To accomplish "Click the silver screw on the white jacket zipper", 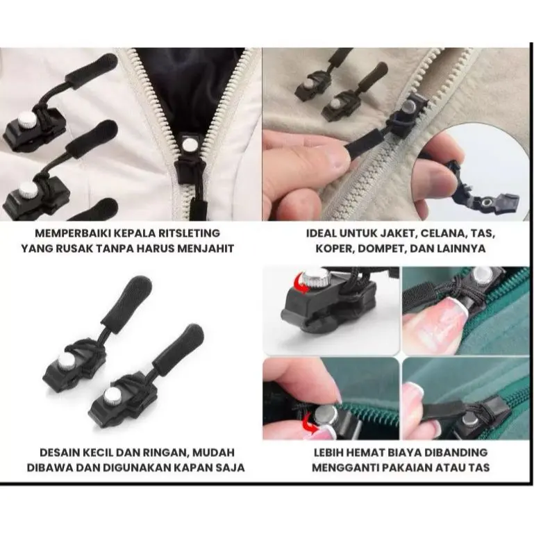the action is tap(187, 144).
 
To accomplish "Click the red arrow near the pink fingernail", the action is tap(309, 422).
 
